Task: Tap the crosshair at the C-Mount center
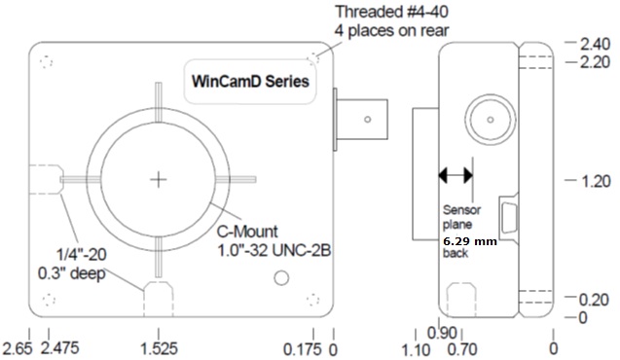point(159,180)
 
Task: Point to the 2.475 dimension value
point(60,348)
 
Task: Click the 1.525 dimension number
point(160,348)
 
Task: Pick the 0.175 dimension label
point(303,349)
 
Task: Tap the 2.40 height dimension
point(595,44)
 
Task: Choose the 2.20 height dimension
point(595,62)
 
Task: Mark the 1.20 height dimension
point(596,181)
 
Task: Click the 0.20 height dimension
point(594,300)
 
